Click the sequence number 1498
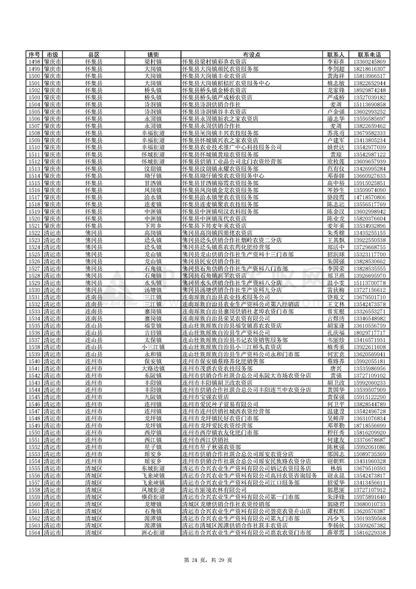[x=34, y=62]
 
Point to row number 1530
[x=34, y=289]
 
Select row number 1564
[x=34, y=533]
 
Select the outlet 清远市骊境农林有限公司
[x=213, y=490]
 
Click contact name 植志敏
[x=336, y=83]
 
